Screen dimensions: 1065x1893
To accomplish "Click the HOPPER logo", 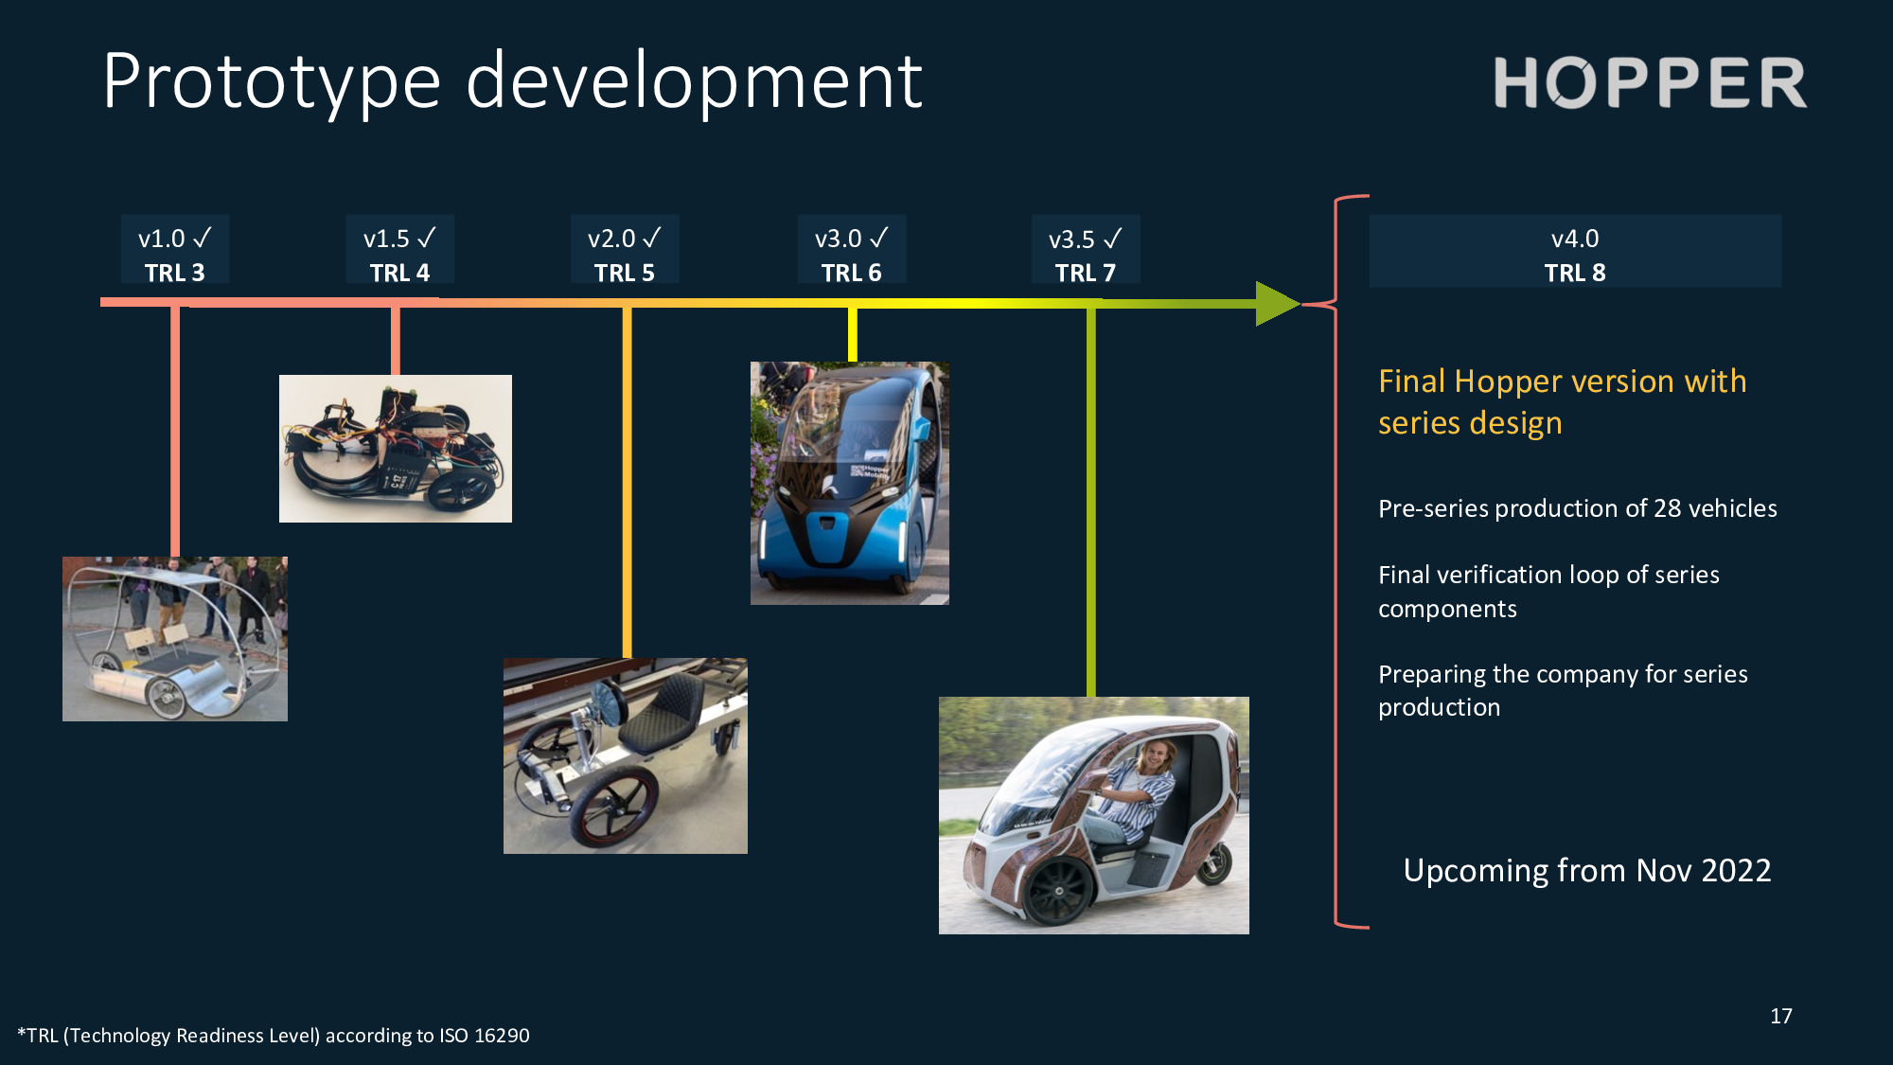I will [1650, 83].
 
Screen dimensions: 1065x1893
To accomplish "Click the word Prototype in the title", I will [272, 83].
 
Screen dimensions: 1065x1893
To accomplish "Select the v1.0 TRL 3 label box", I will [175, 250].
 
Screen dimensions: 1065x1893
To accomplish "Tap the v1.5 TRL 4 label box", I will [399, 250].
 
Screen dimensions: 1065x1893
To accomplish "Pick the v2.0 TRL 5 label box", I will [625, 250].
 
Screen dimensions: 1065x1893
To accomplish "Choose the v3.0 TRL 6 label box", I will [851, 250].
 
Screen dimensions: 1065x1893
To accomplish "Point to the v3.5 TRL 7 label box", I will [1086, 250].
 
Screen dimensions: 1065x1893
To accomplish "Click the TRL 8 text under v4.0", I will [1575, 273].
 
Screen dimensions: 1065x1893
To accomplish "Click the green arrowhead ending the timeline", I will [1276, 304].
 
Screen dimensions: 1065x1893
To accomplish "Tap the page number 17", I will [1780, 1016].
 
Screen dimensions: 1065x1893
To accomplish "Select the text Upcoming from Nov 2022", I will [1586, 870].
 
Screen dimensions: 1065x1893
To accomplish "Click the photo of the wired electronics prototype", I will [396, 449].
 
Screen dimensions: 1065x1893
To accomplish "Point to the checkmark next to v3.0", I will [878, 238].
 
